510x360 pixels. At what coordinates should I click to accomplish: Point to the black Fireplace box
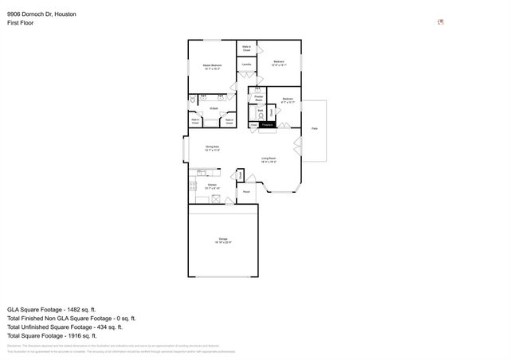pos(268,124)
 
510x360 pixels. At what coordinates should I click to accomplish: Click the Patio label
pos(314,127)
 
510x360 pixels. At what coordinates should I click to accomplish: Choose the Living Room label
pos(269,158)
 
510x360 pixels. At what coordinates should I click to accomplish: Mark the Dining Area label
pos(212,147)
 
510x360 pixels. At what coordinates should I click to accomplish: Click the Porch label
pos(247,192)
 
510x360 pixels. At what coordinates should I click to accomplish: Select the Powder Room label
pos(259,97)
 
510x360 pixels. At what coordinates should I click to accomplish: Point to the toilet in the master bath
pos(193,100)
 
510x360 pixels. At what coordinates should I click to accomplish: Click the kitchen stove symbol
pos(192,186)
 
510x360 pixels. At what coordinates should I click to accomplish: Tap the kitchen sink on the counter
pos(202,172)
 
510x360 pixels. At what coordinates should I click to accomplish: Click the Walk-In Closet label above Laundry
pos(247,49)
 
